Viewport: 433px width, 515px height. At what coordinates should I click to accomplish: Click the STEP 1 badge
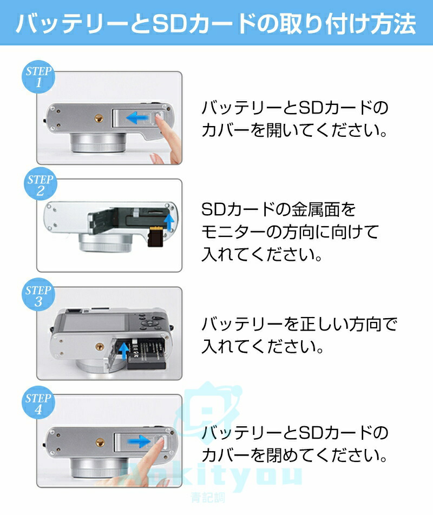pos(38,76)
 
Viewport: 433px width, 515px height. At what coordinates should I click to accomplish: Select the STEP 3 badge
pos(38,295)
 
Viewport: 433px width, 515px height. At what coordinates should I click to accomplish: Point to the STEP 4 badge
pos(38,402)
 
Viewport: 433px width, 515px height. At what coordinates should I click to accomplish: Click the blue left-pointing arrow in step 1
pos(138,117)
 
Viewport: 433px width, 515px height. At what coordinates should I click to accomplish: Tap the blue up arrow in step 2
pos(169,222)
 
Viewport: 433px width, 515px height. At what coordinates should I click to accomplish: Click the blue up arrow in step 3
pos(123,351)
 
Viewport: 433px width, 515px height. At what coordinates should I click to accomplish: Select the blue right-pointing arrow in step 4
pos(140,441)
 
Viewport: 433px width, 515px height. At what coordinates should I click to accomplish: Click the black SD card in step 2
pos(155,236)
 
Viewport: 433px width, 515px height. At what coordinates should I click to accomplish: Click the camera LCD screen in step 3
pos(95,322)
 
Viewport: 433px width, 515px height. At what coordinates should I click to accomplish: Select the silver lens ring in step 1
pos(98,142)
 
